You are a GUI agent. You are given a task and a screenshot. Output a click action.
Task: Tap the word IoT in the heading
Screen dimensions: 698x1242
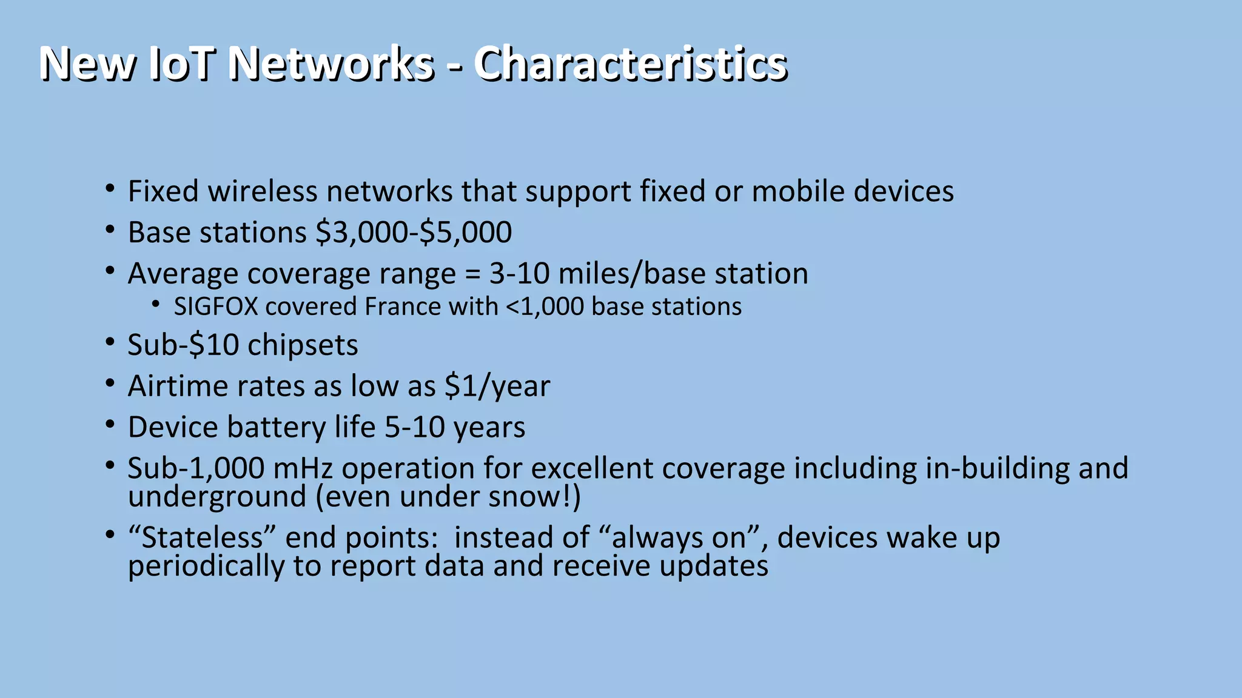[x=181, y=64]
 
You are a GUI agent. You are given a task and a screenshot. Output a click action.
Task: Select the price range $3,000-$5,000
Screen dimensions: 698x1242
[x=414, y=233]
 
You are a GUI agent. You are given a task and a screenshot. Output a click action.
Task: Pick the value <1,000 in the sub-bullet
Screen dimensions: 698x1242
[x=545, y=307]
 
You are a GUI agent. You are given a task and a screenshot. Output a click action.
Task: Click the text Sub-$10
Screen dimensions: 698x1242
[x=183, y=345]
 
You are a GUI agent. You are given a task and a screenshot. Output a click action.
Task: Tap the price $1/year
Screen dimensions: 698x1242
[x=497, y=387]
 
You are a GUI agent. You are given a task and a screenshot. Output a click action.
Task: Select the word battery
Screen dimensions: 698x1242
[x=277, y=427]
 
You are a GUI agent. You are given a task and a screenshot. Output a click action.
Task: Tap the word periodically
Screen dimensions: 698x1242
[x=206, y=567]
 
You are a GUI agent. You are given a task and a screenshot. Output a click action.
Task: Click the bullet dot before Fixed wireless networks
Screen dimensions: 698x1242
[x=109, y=189]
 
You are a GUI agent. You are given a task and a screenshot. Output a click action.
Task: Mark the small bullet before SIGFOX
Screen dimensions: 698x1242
[x=156, y=304]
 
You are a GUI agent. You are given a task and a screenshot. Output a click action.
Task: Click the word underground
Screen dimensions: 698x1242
[x=217, y=497]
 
